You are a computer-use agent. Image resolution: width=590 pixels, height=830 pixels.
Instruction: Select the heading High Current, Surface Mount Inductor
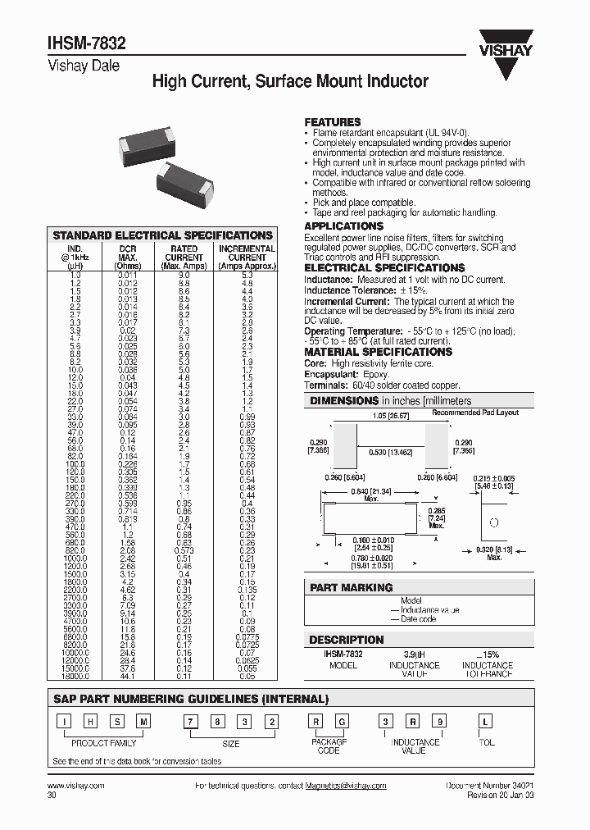click(290, 82)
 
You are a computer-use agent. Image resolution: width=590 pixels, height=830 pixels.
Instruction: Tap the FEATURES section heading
click(333, 121)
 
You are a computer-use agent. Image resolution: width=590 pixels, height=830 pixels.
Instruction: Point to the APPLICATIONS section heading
click(343, 226)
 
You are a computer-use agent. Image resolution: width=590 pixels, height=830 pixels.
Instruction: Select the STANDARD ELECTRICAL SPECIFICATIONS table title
click(162, 235)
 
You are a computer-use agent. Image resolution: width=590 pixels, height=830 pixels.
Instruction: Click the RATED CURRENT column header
click(184, 257)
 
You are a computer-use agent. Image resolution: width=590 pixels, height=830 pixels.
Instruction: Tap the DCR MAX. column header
click(128, 257)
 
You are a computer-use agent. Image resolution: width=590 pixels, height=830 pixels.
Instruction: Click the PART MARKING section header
click(351, 587)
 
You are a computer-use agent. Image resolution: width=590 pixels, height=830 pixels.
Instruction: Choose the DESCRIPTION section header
click(346, 640)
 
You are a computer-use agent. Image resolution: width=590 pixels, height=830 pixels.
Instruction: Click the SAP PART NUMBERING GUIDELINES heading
click(190, 700)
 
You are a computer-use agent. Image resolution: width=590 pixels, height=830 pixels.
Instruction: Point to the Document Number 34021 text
click(490, 786)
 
